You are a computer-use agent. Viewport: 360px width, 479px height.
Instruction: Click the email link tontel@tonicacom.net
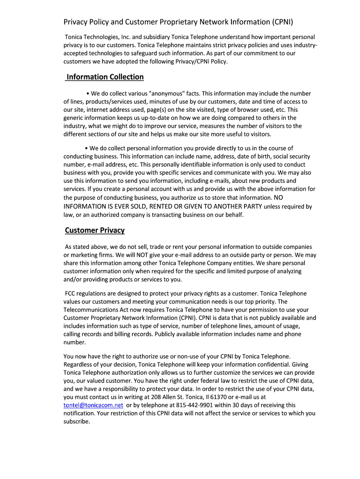94,405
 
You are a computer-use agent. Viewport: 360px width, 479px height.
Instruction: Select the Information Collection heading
105,77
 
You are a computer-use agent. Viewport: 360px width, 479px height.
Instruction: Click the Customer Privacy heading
95,230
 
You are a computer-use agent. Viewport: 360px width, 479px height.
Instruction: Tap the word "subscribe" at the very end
76,421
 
